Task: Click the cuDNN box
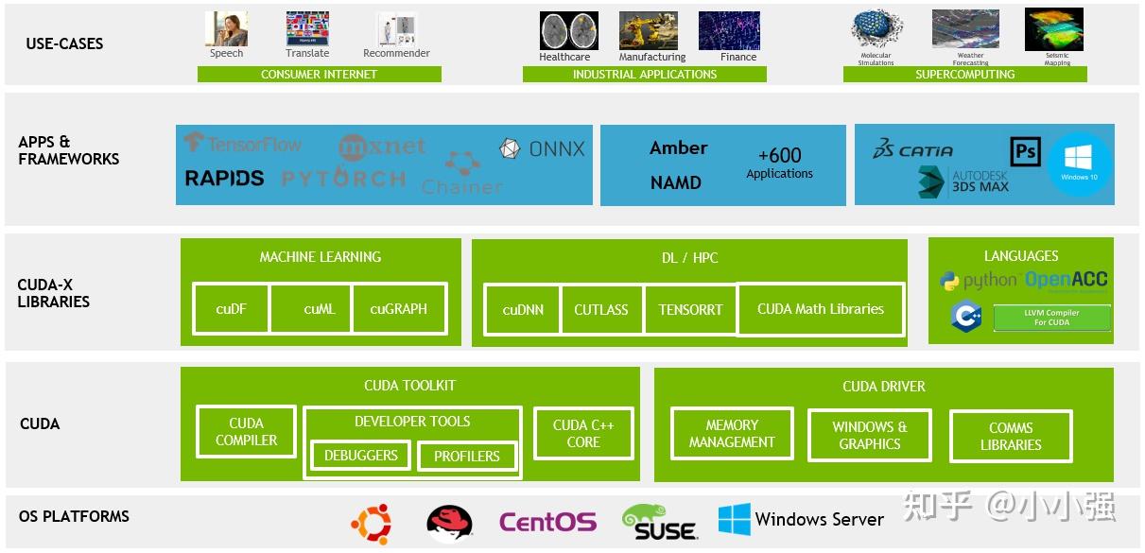click(522, 309)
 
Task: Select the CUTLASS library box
click(601, 309)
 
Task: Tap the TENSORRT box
click(690, 309)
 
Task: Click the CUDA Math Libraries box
click(820, 309)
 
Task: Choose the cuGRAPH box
click(398, 308)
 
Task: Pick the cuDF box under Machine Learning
click(231, 308)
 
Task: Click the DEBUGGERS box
click(360, 456)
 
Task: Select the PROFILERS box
click(466, 457)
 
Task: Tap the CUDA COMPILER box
click(246, 432)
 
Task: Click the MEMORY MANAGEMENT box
click(731, 434)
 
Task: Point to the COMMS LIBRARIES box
click(1010, 436)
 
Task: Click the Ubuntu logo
click(371, 521)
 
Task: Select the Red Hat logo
click(449, 521)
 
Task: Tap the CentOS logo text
click(547, 522)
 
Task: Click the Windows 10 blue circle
click(1079, 164)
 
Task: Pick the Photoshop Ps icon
click(1025, 151)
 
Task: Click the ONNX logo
click(543, 148)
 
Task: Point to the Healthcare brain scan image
click(568, 30)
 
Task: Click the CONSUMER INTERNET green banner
click(319, 75)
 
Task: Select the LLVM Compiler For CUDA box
click(1051, 318)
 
